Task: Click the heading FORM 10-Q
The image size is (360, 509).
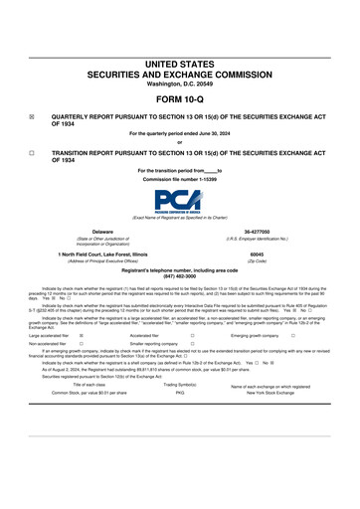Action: pyautogui.click(x=180, y=101)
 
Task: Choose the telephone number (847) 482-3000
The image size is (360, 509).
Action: pyautogui.click(x=180, y=275)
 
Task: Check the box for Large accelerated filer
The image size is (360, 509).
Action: pyautogui.click(x=81, y=336)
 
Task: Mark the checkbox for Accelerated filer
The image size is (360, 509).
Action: pyautogui.click(x=192, y=336)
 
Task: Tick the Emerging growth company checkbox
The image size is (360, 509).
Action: pyautogui.click(x=293, y=336)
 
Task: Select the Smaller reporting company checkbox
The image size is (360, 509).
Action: pyautogui.click(x=192, y=344)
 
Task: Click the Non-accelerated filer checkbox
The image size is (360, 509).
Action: pyautogui.click(x=81, y=344)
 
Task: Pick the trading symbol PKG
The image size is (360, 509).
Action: pyautogui.click(x=180, y=393)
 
